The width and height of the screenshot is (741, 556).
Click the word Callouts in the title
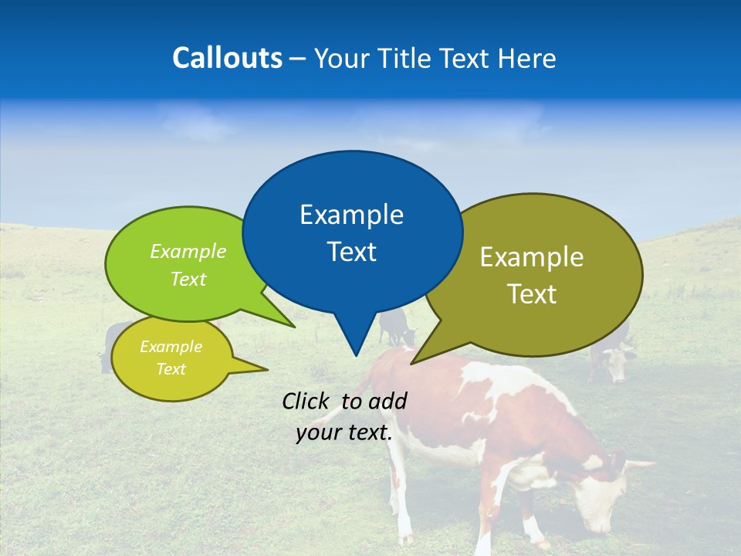[x=227, y=59]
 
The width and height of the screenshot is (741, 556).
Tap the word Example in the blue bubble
[x=351, y=215]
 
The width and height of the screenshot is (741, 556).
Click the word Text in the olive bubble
[x=532, y=294]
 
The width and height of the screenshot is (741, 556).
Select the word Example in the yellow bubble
[x=171, y=347]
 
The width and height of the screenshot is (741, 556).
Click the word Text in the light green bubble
[x=188, y=280]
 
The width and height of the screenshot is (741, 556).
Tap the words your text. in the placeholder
[x=344, y=433]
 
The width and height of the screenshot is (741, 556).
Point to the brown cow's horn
[x=639, y=465]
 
